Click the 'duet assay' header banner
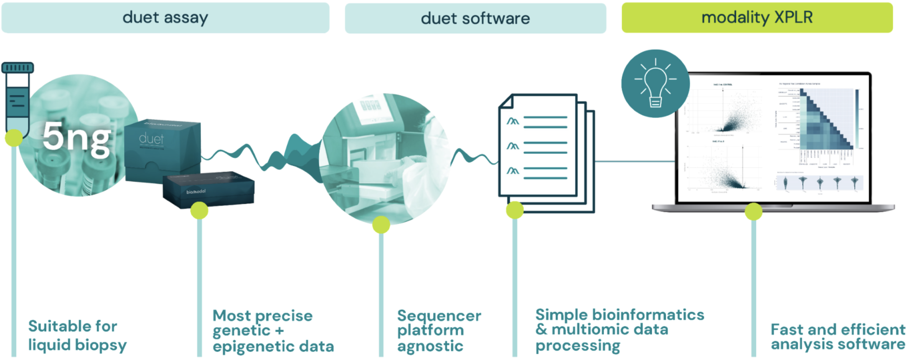[x=165, y=18]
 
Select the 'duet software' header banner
[x=475, y=18]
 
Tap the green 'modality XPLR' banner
[x=757, y=18]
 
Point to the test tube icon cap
[x=18, y=68]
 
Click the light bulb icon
[x=655, y=83]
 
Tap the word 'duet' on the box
[x=151, y=139]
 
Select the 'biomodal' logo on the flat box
[x=196, y=191]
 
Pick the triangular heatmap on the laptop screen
[x=825, y=119]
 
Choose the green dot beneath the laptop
[x=754, y=212]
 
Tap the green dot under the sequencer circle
[x=381, y=225]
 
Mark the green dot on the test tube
[x=14, y=138]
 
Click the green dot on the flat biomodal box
[x=199, y=210]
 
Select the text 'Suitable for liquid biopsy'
[x=77, y=335]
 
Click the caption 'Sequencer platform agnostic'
[x=439, y=330]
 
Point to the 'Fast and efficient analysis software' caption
[x=838, y=337]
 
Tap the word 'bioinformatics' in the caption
[x=648, y=315]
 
